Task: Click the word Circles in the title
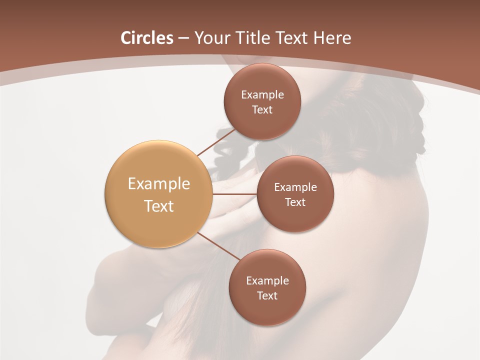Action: click(x=146, y=38)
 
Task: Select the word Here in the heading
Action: click(x=332, y=38)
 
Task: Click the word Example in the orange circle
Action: click(x=158, y=184)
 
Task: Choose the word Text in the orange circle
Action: click(x=158, y=206)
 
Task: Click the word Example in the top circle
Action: click(x=262, y=95)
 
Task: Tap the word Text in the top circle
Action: click(x=262, y=110)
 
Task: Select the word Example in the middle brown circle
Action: click(x=295, y=187)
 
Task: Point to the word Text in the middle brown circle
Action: click(x=295, y=202)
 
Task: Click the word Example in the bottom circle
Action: click(x=267, y=281)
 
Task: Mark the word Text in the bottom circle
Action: click(x=267, y=296)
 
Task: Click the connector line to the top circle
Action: click(x=216, y=141)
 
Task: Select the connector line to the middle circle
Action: click(x=235, y=194)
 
